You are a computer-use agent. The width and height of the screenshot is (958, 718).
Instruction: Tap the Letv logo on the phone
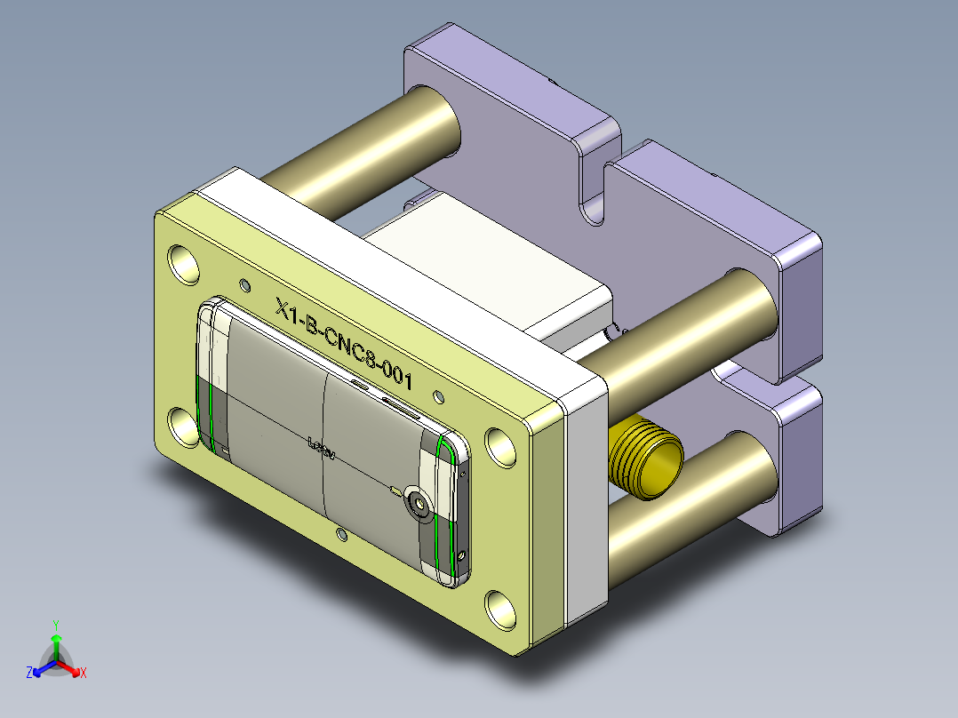[x=321, y=447]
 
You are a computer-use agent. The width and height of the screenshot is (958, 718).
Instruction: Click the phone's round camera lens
[x=419, y=505]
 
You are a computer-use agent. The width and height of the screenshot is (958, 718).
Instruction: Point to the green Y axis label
[x=55, y=625]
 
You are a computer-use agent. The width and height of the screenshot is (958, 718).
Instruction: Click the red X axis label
[x=83, y=673]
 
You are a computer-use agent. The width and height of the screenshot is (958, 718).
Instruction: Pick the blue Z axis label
[x=29, y=673]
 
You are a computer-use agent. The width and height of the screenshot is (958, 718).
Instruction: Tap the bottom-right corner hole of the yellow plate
[x=502, y=608]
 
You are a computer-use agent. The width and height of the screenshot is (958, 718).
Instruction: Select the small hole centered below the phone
[x=341, y=533]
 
